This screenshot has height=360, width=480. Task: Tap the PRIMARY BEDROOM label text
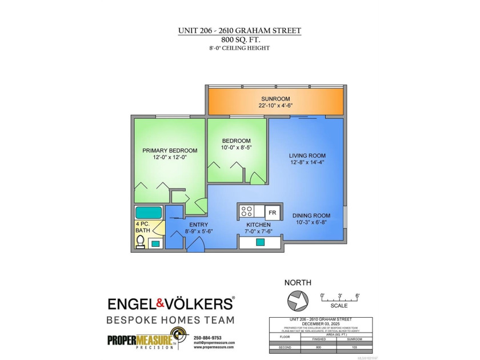point(170,151)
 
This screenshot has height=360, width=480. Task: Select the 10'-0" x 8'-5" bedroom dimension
point(236,147)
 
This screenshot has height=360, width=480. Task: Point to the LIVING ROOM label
point(307,155)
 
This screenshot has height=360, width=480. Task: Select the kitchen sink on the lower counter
point(260,242)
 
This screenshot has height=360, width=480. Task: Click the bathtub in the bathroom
point(149,213)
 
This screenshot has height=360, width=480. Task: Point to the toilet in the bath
point(141,242)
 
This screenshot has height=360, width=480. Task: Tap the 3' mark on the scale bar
point(339,295)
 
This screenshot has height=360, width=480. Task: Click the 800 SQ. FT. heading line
point(240,40)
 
